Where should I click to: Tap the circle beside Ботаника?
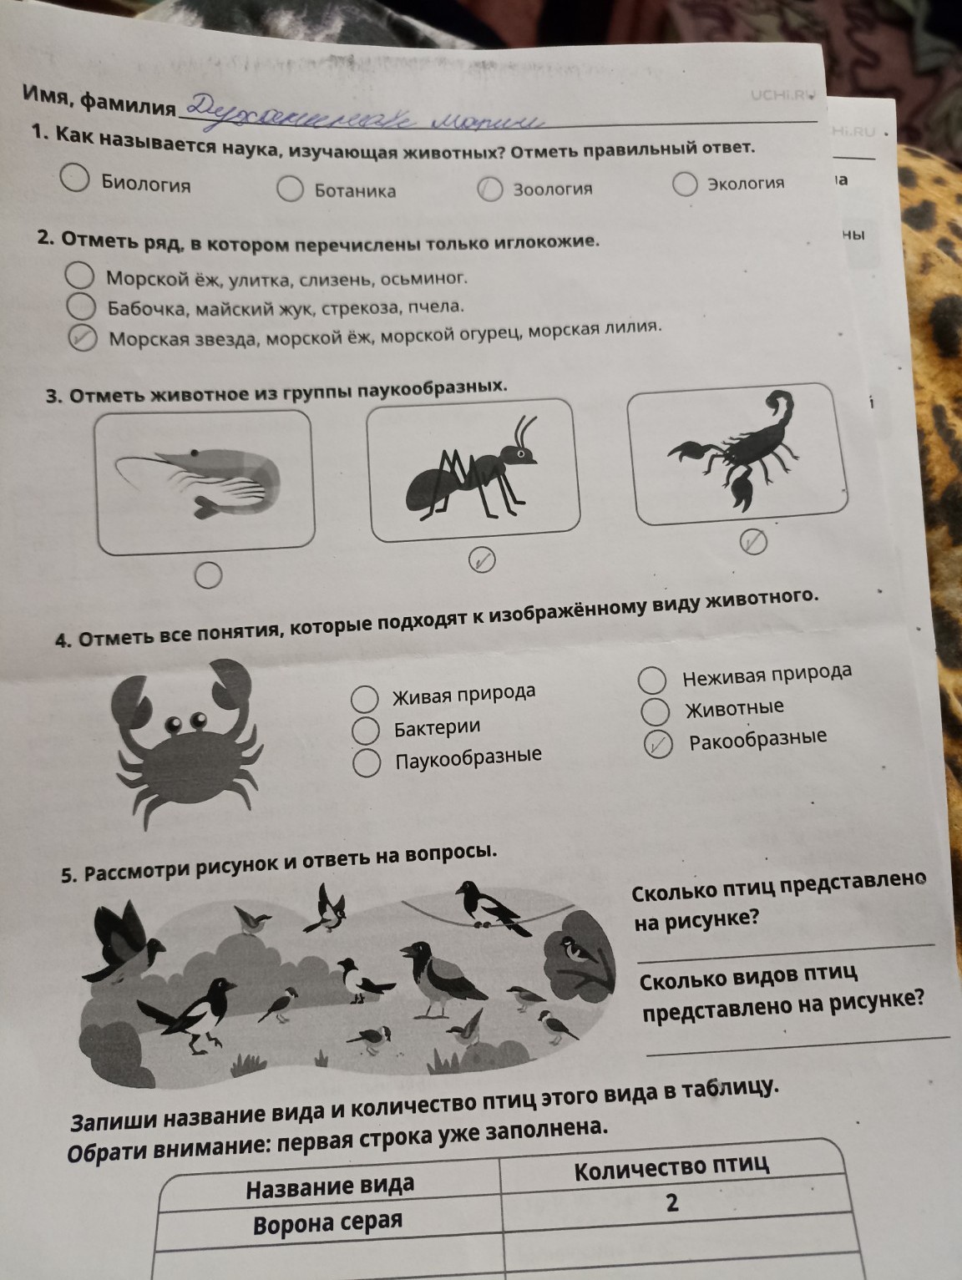pos(290,189)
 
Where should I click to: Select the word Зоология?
pos(552,189)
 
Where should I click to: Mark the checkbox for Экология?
pos(685,183)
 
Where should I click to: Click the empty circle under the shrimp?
pos(208,574)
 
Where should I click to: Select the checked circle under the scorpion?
pos(752,543)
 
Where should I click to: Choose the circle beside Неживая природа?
pos(651,680)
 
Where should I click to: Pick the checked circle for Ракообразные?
pos(659,744)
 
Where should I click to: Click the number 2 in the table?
pos(672,1202)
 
